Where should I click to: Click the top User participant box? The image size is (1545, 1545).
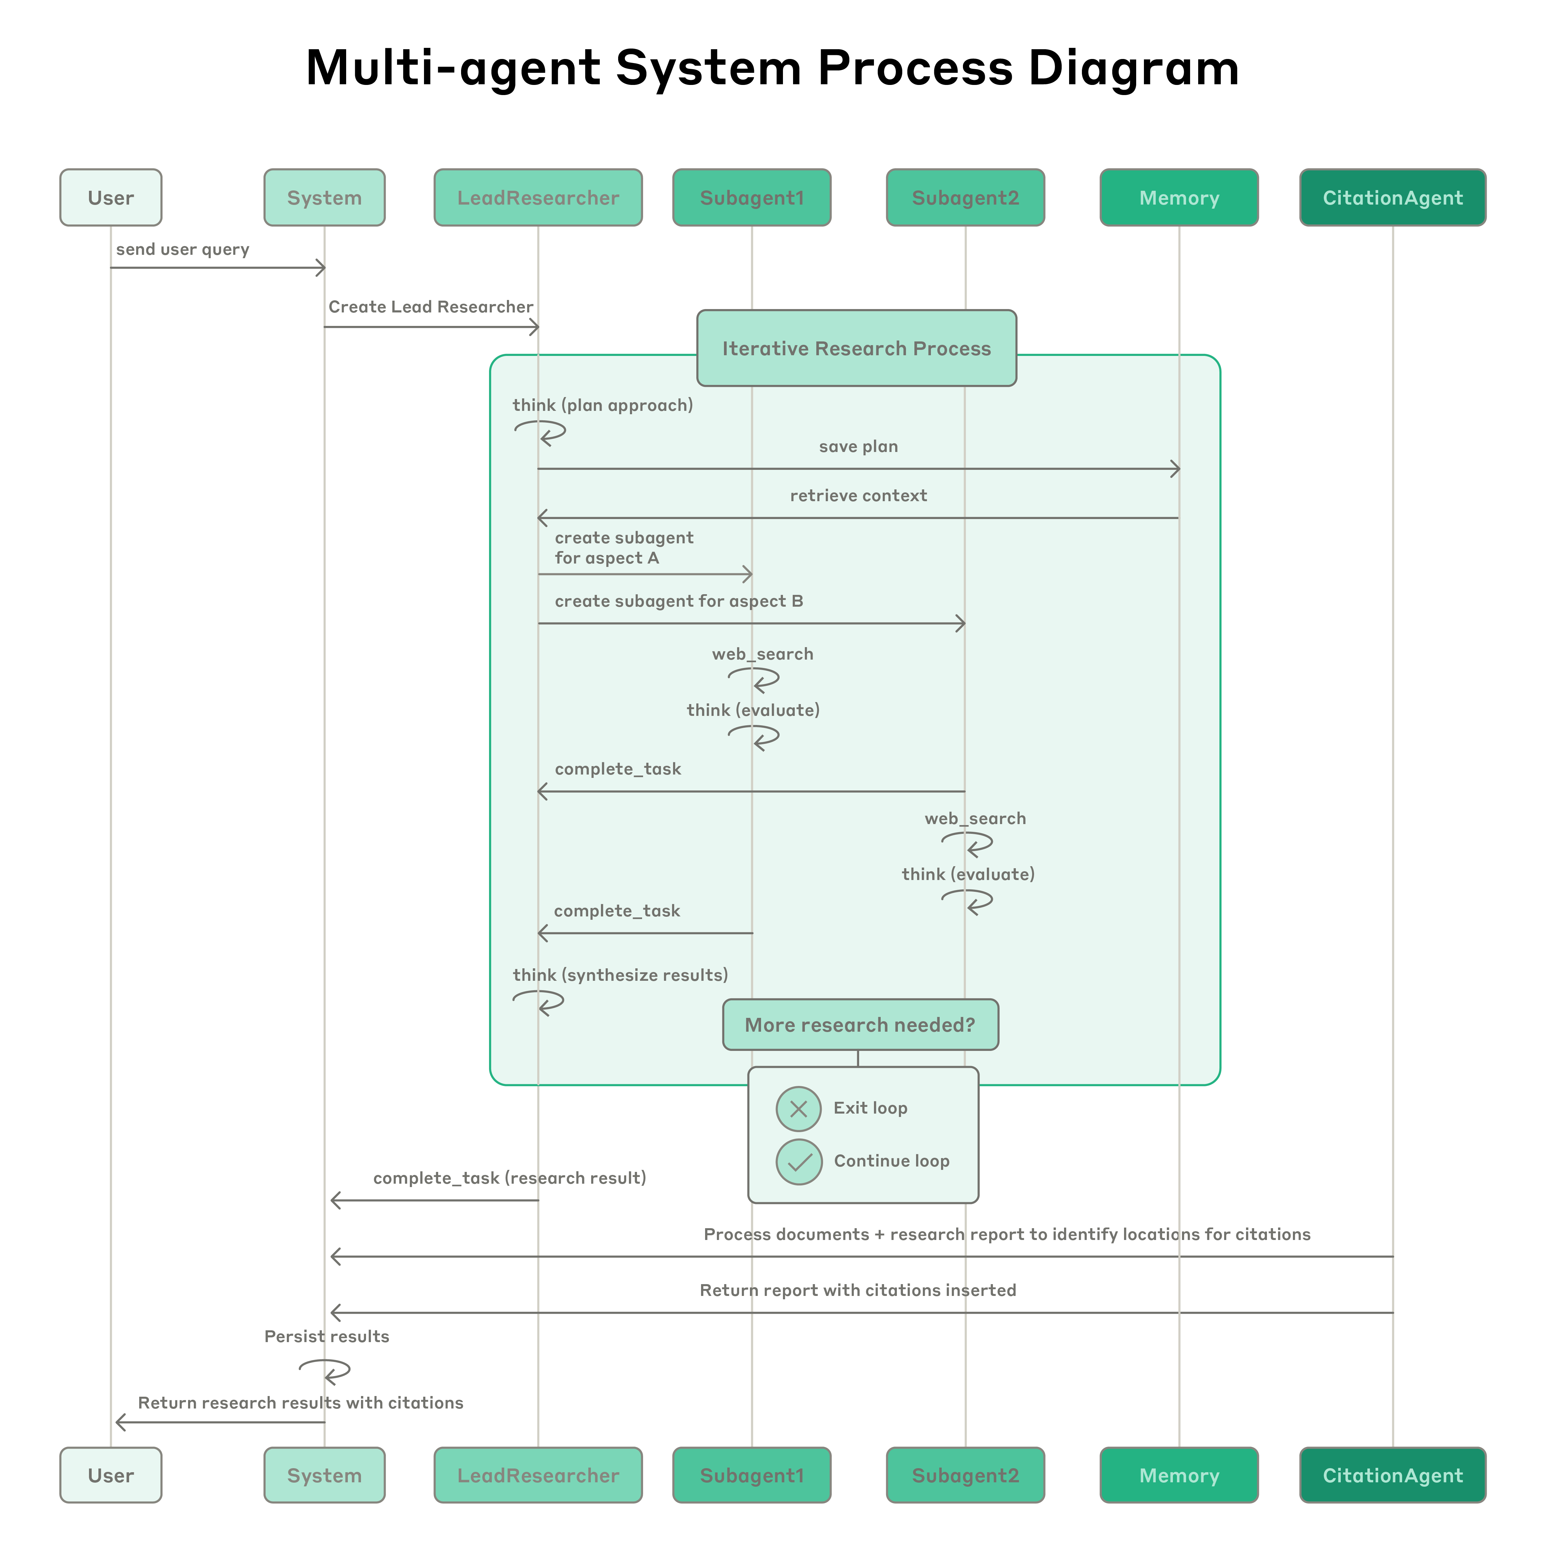pyautogui.click(x=110, y=198)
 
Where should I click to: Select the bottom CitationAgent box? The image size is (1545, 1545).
pyautogui.click(x=1392, y=1476)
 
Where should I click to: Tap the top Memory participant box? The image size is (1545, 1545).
pyautogui.click(x=1179, y=198)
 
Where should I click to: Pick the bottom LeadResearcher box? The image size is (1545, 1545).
pyautogui.click(x=537, y=1476)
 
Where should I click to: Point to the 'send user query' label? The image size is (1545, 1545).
pyautogui.click(x=182, y=249)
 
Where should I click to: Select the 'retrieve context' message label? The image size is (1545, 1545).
pyautogui.click(x=858, y=496)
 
